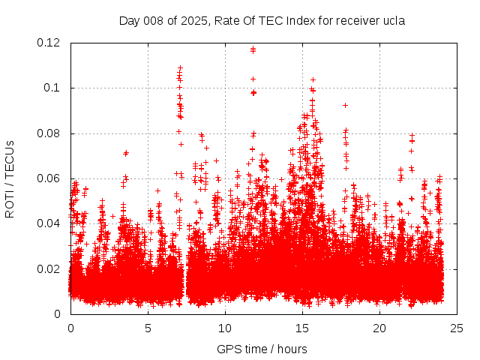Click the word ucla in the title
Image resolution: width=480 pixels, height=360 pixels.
point(393,20)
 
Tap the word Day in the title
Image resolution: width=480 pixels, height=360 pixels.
point(130,20)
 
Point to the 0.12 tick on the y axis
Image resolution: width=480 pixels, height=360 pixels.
point(50,43)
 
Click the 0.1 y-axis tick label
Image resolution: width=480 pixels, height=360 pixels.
point(53,88)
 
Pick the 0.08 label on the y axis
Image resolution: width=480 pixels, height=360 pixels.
point(50,133)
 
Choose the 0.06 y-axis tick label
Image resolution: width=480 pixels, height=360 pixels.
point(50,178)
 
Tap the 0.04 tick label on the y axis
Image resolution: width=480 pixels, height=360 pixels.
point(50,223)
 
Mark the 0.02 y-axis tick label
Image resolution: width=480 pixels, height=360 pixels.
point(50,268)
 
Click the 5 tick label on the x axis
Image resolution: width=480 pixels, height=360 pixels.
point(148,328)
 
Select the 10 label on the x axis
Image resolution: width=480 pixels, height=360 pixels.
point(225,328)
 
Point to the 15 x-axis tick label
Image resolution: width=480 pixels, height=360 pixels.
point(302,328)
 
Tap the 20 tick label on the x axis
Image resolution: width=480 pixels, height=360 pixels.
point(379,328)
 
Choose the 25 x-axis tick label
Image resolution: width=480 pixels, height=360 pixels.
point(457,328)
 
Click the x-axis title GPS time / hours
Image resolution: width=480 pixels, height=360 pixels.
point(262,349)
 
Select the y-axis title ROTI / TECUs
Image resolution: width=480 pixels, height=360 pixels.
point(10,178)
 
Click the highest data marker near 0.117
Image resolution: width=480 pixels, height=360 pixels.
point(253,49)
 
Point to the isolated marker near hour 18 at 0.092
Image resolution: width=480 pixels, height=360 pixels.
point(345,105)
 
